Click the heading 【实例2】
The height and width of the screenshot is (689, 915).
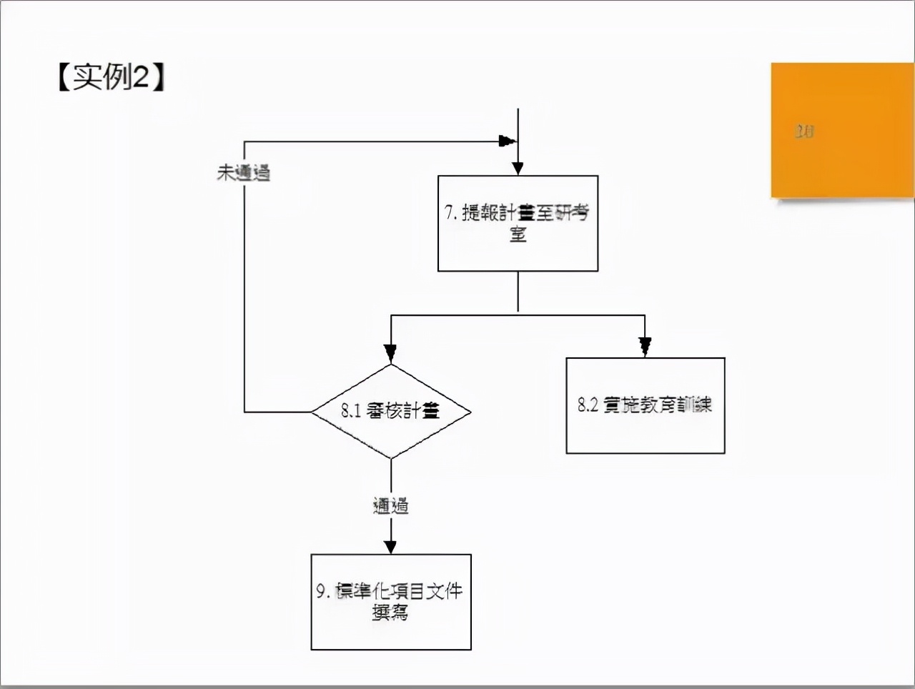click(112, 76)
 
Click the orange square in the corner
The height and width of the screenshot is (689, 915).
click(842, 130)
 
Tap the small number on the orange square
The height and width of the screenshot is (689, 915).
click(804, 132)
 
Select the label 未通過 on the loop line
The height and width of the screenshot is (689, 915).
click(244, 172)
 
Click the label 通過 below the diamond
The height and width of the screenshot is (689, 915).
click(391, 506)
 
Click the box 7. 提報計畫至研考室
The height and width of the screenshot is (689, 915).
click(518, 223)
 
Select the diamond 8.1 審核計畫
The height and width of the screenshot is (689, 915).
click(391, 412)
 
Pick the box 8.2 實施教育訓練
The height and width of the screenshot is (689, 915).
click(645, 405)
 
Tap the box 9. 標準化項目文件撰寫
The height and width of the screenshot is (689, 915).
click(391, 602)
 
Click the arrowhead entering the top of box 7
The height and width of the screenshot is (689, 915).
click(518, 169)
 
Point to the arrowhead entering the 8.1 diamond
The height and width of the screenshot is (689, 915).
click(390, 353)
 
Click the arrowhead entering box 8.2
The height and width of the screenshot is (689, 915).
click(645, 348)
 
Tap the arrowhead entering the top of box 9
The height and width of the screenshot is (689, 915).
click(391, 547)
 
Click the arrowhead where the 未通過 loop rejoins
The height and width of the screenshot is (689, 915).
click(507, 141)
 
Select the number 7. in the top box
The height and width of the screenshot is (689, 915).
click(451, 212)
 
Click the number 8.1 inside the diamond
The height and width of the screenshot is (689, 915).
click(350, 411)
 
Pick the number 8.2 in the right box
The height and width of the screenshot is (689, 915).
click(588, 405)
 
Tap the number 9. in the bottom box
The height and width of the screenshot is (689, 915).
click(323, 591)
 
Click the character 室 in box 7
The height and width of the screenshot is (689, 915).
click(518, 234)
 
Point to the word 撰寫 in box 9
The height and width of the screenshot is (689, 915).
click(390, 613)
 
